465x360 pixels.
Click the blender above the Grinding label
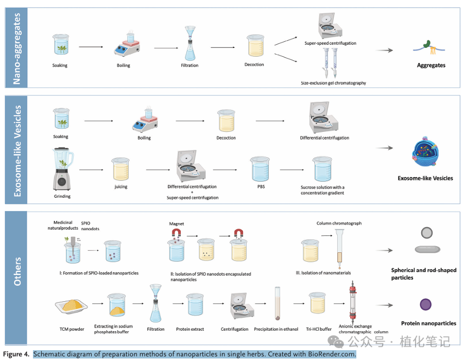[x=62, y=169]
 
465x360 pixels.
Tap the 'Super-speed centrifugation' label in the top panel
[x=330, y=43]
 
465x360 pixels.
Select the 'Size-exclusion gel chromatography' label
[x=333, y=83]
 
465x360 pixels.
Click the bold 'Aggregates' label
[x=431, y=65]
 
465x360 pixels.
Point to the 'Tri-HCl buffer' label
[x=319, y=329]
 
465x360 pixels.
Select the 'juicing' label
[x=121, y=187]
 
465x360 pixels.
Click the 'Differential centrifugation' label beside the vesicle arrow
[x=324, y=138]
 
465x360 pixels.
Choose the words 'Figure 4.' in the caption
[x=16, y=354]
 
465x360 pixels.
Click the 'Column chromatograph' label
[x=339, y=223]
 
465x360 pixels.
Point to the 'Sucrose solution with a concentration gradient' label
[x=323, y=190]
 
